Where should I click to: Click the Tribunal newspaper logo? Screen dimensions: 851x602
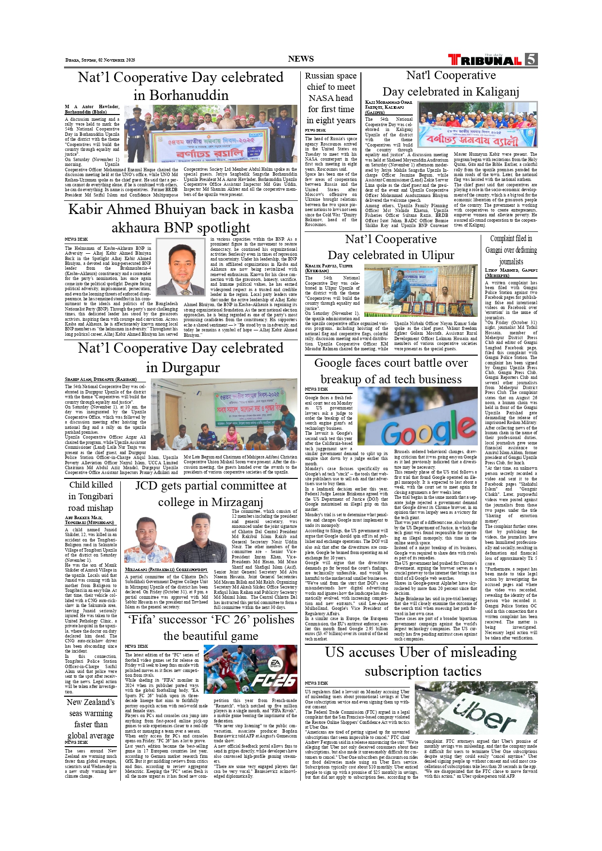tap(485, 60)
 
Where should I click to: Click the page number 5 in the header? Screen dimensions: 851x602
tap(531, 59)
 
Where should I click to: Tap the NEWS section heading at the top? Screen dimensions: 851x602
tap(301, 59)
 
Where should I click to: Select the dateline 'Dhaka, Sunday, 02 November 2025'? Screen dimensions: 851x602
tap(100, 60)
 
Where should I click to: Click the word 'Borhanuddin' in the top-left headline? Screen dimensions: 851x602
tap(181, 95)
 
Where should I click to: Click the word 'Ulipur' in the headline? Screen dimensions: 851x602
tap(432, 255)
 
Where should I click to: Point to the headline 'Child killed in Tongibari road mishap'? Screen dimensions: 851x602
tap(91, 496)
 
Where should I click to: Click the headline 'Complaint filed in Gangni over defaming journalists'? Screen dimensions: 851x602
tap(511, 250)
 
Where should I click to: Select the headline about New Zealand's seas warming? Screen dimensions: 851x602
tap(91, 719)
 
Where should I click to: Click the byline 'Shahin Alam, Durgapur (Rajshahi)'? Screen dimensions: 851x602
tap(101, 379)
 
